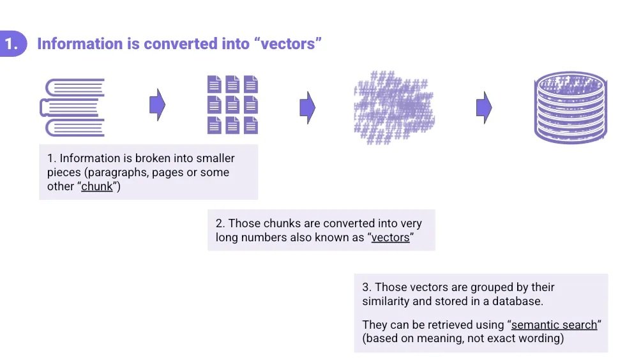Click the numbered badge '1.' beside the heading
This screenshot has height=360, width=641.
pos(11,44)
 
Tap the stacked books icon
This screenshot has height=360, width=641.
pos(73,107)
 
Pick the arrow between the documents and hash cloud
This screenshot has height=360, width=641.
pos(308,107)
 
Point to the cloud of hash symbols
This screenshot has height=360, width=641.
pos(393,107)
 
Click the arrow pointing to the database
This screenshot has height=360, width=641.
pos(484,107)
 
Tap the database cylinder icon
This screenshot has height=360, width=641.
pos(570,107)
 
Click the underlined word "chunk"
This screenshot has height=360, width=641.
pos(97,187)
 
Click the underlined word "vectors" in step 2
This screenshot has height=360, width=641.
pos(390,238)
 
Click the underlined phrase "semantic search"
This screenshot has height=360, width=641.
pos(554,324)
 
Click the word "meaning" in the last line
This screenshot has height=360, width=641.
pos(441,338)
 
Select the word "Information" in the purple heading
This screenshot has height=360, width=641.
pos(79,44)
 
